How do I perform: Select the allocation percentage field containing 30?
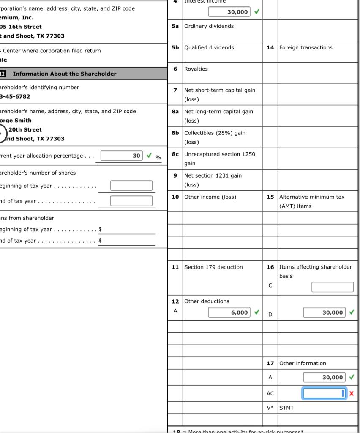(122, 156)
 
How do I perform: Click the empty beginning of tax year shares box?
(131, 186)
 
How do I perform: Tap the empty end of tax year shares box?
(131, 201)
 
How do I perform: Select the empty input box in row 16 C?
(333, 287)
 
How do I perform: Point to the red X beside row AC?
(352, 394)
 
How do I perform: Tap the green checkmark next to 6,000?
(256, 312)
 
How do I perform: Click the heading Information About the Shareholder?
(64, 74)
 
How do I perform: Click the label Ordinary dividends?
(209, 26)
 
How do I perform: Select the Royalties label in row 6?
(196, 69)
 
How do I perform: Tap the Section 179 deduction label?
(213, 267)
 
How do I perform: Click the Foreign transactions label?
(305, 48)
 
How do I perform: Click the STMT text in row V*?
(286, 408)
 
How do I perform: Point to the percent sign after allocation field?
(158, 158)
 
